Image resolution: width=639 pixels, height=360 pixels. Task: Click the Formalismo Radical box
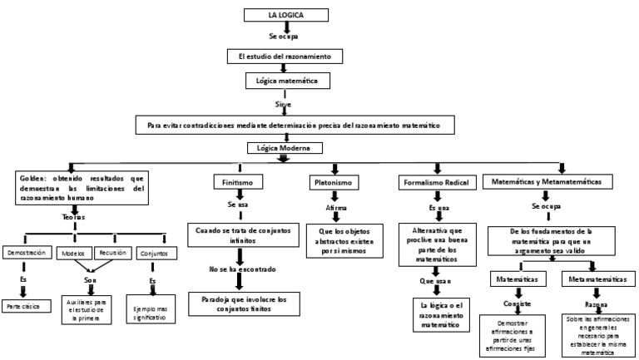point(435,180)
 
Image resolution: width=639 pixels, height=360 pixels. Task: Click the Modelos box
point(73,252)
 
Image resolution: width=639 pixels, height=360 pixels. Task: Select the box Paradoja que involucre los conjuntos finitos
point(240,303)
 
